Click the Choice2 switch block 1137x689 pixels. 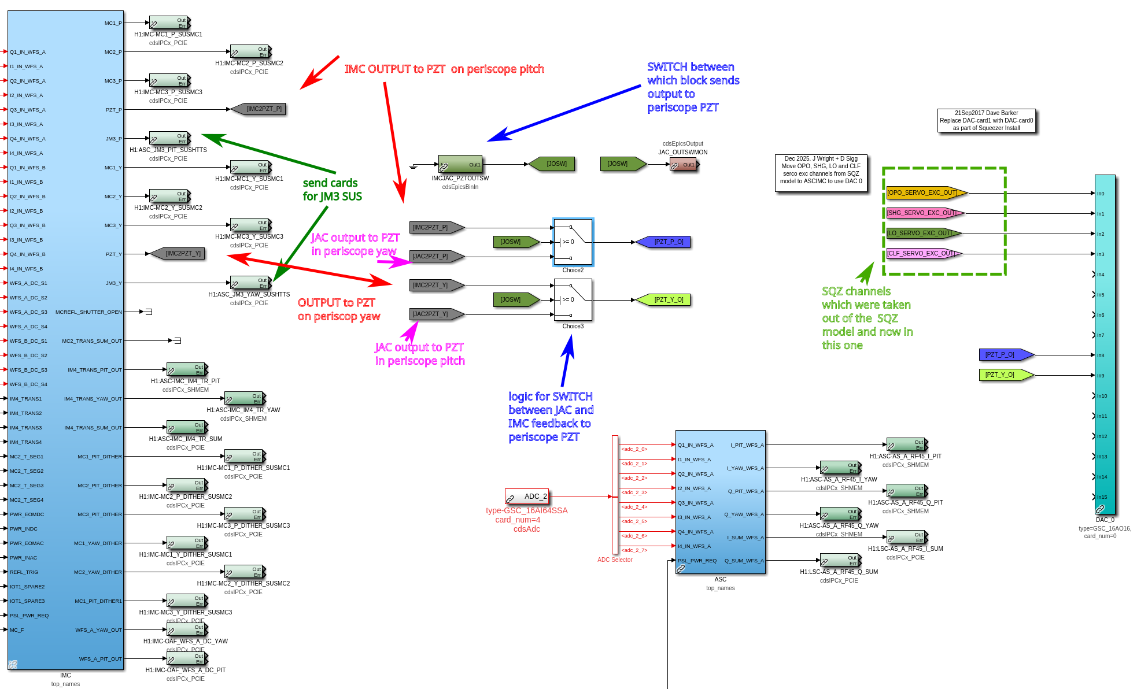pos(573,242)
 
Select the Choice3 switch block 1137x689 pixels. pos(573,299)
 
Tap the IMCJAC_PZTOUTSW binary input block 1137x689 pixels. pos(460,164)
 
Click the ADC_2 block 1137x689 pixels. pos(527,497)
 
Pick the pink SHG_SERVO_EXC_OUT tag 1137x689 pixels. pos(924,213)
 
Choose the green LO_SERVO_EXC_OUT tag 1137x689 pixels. pos(923,234)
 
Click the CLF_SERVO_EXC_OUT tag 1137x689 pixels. pos(923,253)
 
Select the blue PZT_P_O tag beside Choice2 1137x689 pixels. pos(664,242)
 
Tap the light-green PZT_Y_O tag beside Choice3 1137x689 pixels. pos(664,299)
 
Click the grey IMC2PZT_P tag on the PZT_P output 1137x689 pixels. pos(260,109)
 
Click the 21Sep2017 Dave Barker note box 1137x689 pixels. pos(986,121)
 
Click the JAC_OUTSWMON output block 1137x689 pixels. pos(684,165)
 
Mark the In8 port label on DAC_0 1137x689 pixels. pos(1101,355)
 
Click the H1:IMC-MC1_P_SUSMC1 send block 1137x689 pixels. pos(169,23)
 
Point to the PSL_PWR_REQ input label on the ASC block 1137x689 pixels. pos(697,561)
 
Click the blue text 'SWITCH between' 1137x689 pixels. pos(691,67)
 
